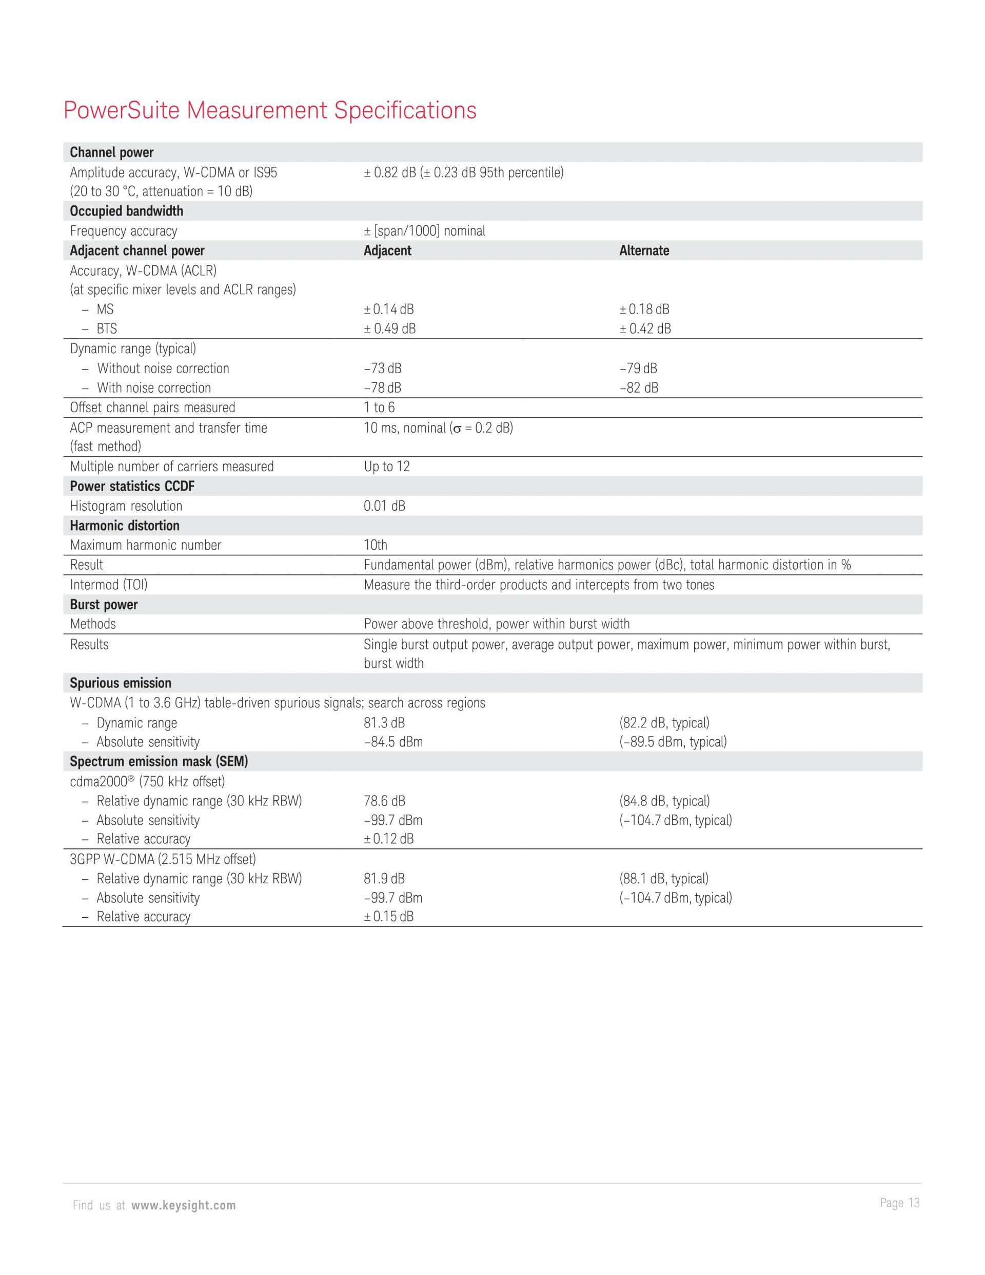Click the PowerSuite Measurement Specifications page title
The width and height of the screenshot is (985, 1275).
click(269, 110)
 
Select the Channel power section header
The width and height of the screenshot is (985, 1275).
click(111, 152)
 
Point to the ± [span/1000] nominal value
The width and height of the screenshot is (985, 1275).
click(424, 230)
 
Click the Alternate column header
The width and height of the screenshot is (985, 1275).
click(644, 250)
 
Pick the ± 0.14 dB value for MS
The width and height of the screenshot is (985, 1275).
click(389, 309)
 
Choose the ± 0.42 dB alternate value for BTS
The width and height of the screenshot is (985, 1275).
click(645, 329)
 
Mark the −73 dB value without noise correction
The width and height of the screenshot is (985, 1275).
click(382, 369)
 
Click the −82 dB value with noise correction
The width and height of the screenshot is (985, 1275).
click(638, 388)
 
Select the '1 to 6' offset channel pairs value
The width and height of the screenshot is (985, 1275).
click(379, 408)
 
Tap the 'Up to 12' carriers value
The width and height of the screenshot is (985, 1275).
click(386, 467)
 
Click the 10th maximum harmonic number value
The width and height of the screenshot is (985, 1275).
click(375, 545)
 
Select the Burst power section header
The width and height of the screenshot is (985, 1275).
click(104, 604)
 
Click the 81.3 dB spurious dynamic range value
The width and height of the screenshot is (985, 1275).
click(384, 723)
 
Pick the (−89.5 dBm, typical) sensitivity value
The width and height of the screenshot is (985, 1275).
click(673, 742)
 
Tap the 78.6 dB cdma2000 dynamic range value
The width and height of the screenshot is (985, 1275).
click(384, 801)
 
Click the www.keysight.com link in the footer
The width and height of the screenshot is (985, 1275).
click(183, 1206)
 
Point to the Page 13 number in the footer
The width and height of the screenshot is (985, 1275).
click(899, 1203)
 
